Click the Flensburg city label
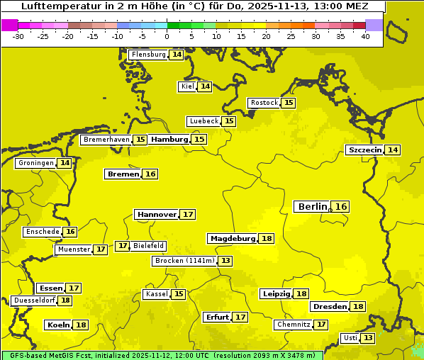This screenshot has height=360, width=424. (148, 55)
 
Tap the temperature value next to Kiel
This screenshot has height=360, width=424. (205, 86)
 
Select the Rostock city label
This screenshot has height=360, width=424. (264, 103)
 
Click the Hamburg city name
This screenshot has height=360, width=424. (169, 140)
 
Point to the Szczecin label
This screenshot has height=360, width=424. (364, 150)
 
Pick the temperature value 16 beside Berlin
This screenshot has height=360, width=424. (341, 206)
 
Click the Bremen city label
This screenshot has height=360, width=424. (123, 174)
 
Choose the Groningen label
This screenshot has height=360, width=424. (35, 163)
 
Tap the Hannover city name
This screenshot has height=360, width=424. (156, 214)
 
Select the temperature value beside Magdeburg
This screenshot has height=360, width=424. (267, 238)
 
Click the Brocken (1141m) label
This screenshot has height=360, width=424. (184, 261)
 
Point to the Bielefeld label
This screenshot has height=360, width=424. (149, 246)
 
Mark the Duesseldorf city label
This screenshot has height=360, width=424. (34, 300)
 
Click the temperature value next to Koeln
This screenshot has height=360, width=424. (81, 325)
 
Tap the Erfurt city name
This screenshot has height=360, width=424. (217, 317)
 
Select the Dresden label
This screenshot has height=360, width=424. (330, 307)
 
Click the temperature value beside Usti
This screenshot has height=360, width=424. (367, 338)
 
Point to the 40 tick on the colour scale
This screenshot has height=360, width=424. (365, 36)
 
